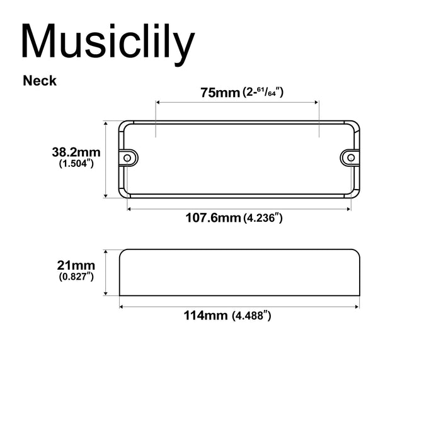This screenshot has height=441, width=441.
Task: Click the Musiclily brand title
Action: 107,41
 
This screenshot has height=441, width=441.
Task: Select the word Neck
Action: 40,81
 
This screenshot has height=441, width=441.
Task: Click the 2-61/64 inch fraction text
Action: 263,93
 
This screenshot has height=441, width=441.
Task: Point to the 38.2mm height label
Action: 76,152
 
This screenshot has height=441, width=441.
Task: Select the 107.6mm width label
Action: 213,218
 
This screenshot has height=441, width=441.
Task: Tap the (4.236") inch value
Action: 262,219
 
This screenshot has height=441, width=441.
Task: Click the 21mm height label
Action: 76,265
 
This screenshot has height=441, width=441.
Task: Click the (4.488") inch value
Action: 252,316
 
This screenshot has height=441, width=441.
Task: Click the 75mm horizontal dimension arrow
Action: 238,101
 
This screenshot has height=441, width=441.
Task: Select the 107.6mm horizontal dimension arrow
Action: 239,207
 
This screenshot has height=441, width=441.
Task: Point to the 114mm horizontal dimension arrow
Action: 239,307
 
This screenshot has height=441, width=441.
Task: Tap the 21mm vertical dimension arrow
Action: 106,272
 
